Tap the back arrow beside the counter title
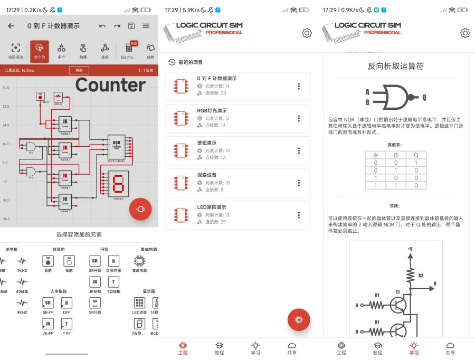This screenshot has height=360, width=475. pyautogui.click(x=11, y=26)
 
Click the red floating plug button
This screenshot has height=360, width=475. pyautogui.click(x=140, y=209)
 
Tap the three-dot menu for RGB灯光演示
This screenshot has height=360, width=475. pyautogui.click(x=299, y=118)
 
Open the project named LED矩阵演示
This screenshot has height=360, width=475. pyautogui.click(x=212, y=207)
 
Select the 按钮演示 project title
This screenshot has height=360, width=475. pyautogui.click(x=207, y=143)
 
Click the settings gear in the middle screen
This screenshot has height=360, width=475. pyautogui.click(x=307, y=33)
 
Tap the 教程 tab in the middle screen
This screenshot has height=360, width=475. pyautogui.click(x=219, y=348)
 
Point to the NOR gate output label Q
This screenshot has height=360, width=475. pyautogui.click(x=424, y=97)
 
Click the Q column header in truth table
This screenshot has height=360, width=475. pyautogui.click(x=416, y=155)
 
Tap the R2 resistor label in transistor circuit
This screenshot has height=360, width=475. pyautogui.click(x=421, y=276)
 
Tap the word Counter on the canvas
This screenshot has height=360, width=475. pyautogui.click(x=110, y=85)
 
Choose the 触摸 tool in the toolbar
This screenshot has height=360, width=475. pyautogui.click(x=83, y=51)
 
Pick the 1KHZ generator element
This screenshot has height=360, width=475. pyautogui.click(x=22, y=263)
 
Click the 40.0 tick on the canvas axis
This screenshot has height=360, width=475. pyautogui.click(x=5, y=88)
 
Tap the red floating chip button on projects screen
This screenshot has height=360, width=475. pyautogui.click(x=299, y=320)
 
